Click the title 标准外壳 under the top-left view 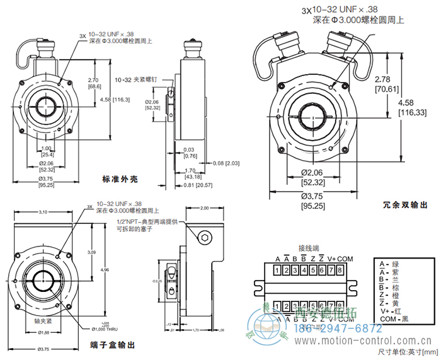point(120,179)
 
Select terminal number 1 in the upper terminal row point(278,270)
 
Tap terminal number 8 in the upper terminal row point(339,270)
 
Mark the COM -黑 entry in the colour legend point(395,320)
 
